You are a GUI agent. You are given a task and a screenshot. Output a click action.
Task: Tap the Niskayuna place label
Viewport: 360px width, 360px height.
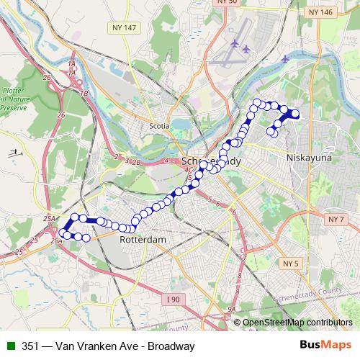tap(307, 156)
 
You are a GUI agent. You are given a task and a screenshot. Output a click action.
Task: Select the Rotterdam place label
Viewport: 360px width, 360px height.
tap(143, 239)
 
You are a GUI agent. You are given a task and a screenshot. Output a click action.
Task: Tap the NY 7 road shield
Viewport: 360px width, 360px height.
tap(333, 218)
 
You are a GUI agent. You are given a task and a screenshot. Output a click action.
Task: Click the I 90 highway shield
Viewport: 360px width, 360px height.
tap(173, 299)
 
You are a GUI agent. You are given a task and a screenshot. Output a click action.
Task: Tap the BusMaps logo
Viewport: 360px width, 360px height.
tap(327, 346)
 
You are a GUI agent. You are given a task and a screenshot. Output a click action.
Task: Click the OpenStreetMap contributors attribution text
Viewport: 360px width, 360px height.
tap(297, 323)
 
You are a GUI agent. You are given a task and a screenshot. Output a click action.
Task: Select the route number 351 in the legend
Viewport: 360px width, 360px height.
tap(30, 346)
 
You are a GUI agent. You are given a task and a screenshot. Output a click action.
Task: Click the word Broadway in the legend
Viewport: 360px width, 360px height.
tap(171, 346)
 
